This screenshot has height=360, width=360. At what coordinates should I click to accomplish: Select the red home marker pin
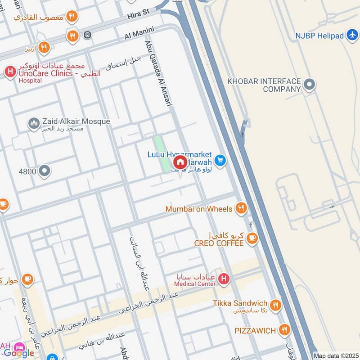pyautogui.click(x=180, y=162)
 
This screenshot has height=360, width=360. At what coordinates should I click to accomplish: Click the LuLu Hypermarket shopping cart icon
pyautogui.click(x=220, y=160)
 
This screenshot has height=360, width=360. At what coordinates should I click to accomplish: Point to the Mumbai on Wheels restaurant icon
pyautogui.click(x=241, y=208)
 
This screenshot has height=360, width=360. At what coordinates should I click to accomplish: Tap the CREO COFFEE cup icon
pyautogui.click(x=252, y=238)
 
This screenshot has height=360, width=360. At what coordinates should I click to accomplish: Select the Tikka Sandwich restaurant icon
pyautogui.click(x=275, y=306)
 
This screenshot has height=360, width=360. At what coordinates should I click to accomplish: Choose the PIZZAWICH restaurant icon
pyautogui.click(x=283, y=330)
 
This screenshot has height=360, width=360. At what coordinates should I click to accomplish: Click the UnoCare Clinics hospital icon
pyautogui.click(x=9, y=71)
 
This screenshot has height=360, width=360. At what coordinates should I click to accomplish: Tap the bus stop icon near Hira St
pyautogui.click(x=87, y=35)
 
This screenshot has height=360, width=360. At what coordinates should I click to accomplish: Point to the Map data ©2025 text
pyautogui.click(x=335, y=355)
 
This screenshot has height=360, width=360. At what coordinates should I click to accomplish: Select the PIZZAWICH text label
pyautogui.click(x=255, y=331)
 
